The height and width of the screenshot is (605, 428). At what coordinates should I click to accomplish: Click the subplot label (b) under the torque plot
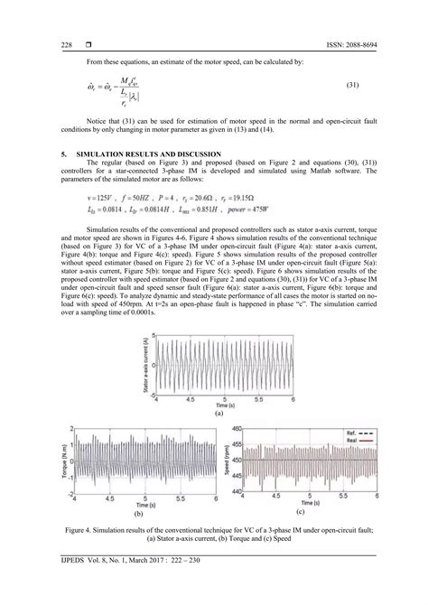(x=138, y=512)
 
